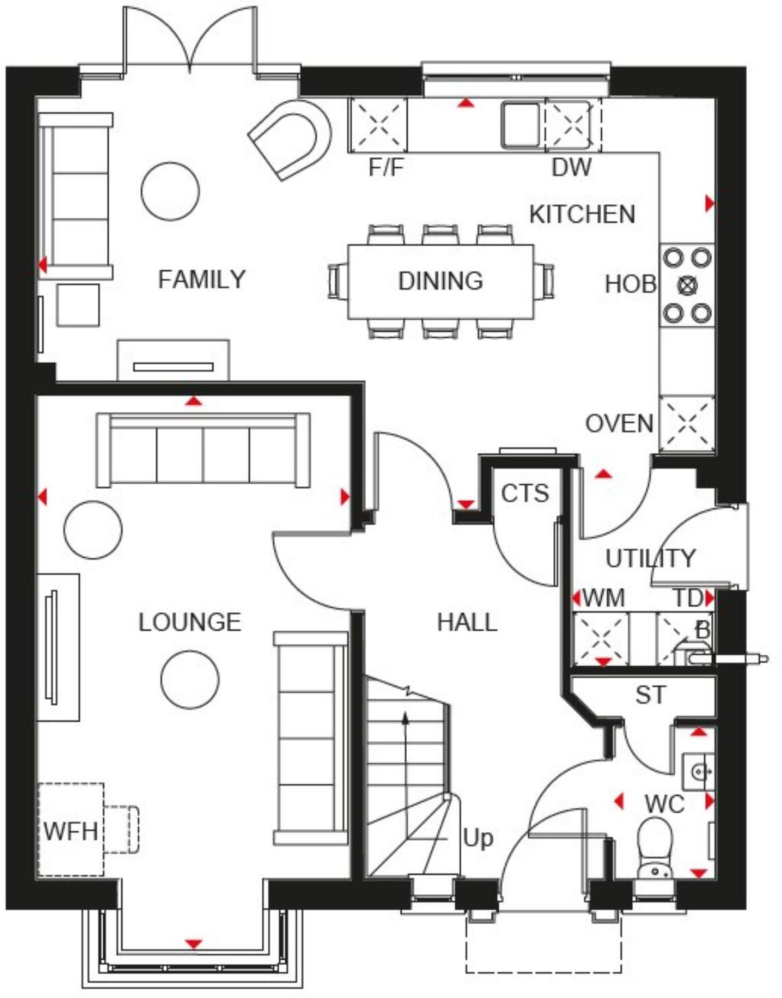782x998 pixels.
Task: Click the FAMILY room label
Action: pyautogui.click(x=201, y=279)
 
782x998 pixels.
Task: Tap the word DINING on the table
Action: pyautogui.click(x=440, y=281)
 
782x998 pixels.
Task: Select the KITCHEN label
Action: pyautogui.click(x=582, y=214)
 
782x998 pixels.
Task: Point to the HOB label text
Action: pyautogui.click(x=630, y=285)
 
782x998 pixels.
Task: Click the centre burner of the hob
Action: pyautogui.click(x=687, y=285)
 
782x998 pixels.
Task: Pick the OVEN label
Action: pyautogui.click(x=619, y=424)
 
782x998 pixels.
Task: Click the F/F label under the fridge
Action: pyautogui.click(x=386, y=167)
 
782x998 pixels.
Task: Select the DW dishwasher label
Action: pyautogui.click(x=571, y=167)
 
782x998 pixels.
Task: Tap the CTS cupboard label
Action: pyautogui.click(x=525, y=494)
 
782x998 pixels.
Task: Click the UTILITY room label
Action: pyautogui.click(x=650, y=558)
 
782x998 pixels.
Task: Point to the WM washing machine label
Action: pyautogui.click(x=603, y=598)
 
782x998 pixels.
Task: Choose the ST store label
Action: pyautogui.click(x=650, y=695)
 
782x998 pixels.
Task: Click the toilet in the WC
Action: pyautogui.click(x=654, y=846)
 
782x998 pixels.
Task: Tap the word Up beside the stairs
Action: pyautogui.click(x=478, y=838)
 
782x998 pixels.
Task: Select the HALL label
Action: pyautogui.click(x=467, y=622)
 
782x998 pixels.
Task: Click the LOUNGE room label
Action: pyautogui.click(x=190, y=622)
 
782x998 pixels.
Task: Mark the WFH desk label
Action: pyautogui.click(x=70, y=831)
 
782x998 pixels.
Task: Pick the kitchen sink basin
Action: pyautogui.click(x=520, y=124)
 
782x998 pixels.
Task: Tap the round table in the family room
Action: pyautogui.click(x=171, y=191)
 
